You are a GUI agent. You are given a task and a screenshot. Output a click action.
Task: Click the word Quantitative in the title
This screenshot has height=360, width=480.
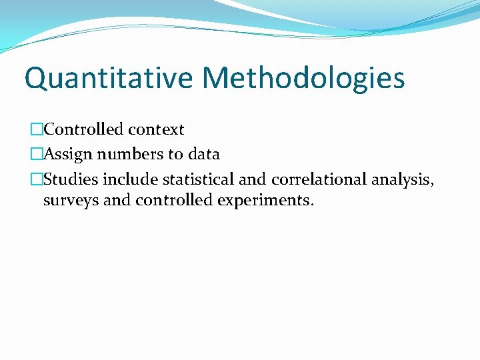coord(108,78)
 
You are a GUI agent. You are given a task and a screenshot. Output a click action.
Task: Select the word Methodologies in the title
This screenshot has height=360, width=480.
coord(303,78)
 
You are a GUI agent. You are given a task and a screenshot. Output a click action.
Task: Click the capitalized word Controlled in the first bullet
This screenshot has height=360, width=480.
coord(83,129)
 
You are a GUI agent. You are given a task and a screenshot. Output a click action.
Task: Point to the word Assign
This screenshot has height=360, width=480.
coord(69,155)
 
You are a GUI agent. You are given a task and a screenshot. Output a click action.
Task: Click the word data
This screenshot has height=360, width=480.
coord(203,155)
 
